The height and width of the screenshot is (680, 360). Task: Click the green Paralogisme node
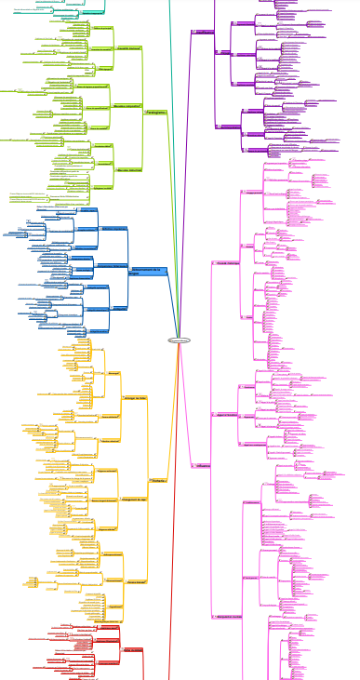pyautogui.click(x=155, y=113)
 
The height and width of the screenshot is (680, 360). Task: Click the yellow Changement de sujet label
pyautogui.click(x=138, y=498)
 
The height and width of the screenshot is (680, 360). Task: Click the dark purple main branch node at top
pyautogui.click(x=203, y=32)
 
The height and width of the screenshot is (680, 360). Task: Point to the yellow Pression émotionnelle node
pyautogui.click(x=140, y=556)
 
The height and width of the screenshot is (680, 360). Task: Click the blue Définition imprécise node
pyautogui.click(x=113, y=266)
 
